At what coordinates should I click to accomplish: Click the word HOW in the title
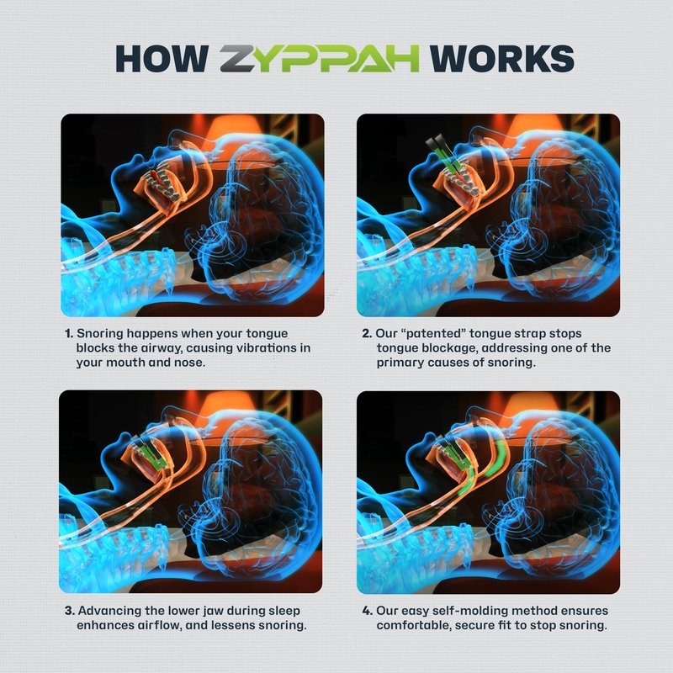click(162, 58)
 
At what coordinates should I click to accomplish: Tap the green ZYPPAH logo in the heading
click(320, 58)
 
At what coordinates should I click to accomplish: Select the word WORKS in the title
click(501, 58)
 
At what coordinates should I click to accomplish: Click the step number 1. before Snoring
click(69, 333)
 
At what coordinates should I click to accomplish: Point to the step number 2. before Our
click(367, 333)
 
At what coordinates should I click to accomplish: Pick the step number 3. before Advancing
click(70, 611)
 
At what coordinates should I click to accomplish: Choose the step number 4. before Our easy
click(368, 611)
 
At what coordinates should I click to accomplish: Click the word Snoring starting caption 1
click(99, 334)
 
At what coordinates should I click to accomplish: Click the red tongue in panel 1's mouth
click(157, 179)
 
